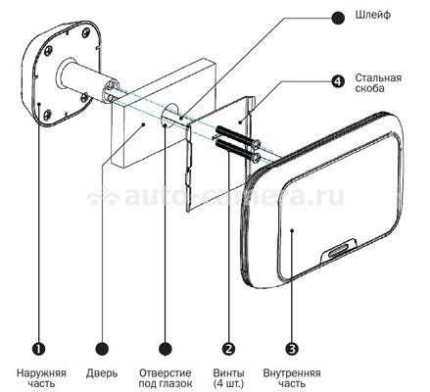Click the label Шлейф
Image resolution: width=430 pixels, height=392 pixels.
373,15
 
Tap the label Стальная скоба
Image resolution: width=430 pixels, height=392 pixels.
378,83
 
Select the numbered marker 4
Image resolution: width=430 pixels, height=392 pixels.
338,81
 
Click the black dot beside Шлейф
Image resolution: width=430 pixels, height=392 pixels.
338,18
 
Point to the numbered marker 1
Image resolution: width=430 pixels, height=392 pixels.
39,349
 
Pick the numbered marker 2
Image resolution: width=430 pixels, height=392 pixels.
228,349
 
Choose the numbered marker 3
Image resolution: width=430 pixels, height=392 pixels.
292,349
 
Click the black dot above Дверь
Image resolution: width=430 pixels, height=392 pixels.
102,349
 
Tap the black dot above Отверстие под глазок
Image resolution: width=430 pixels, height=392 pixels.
166,349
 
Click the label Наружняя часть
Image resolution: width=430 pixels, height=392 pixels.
41,378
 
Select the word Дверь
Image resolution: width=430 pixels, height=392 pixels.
102,373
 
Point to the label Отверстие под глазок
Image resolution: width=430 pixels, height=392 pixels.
166,378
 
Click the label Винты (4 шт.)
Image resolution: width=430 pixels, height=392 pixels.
228,378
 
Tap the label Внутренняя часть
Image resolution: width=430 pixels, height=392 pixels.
292,378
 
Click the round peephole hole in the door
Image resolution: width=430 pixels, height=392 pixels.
168,115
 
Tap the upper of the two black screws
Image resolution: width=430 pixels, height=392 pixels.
236,135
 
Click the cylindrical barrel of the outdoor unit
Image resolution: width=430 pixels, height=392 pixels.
86,81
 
